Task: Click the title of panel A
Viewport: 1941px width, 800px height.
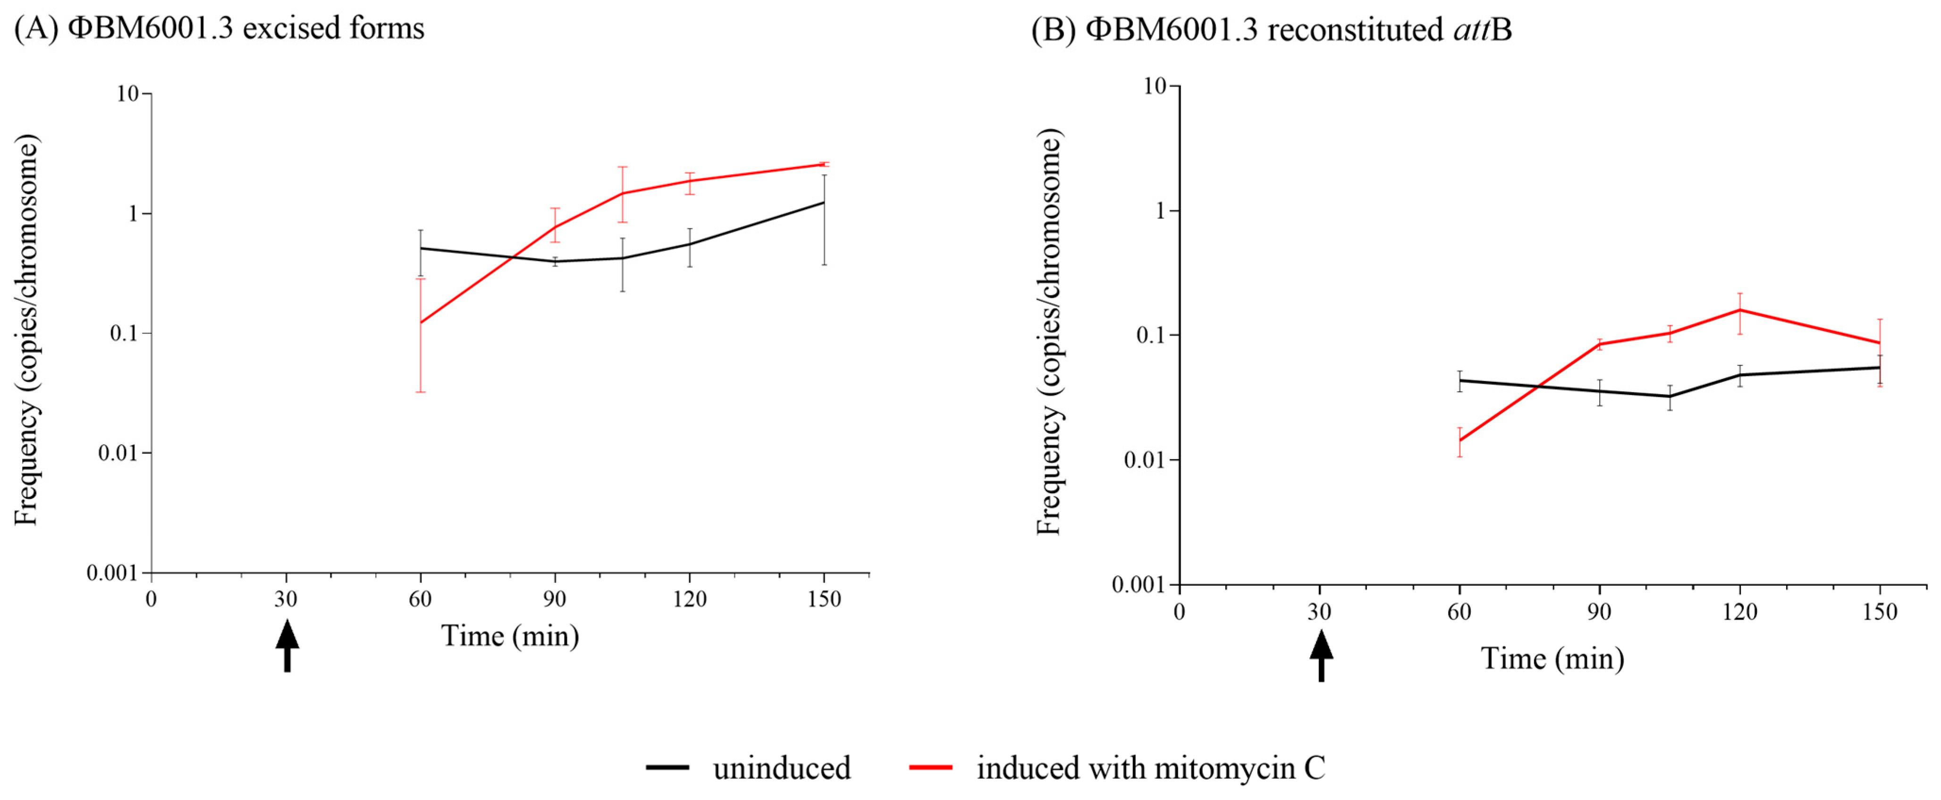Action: [219, 29]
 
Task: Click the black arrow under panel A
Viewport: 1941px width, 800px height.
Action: [287, 645]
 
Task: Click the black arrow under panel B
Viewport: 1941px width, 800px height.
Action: [1321, 656]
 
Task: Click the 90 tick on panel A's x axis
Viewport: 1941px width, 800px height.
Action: [555, 599]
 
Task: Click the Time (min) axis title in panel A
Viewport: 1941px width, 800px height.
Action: [510, 636]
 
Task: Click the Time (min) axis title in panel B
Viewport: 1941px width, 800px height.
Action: [1552, 658]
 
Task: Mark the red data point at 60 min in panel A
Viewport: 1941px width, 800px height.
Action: [421, 322]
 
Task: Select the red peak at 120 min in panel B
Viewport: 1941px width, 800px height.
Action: [1739, 310]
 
